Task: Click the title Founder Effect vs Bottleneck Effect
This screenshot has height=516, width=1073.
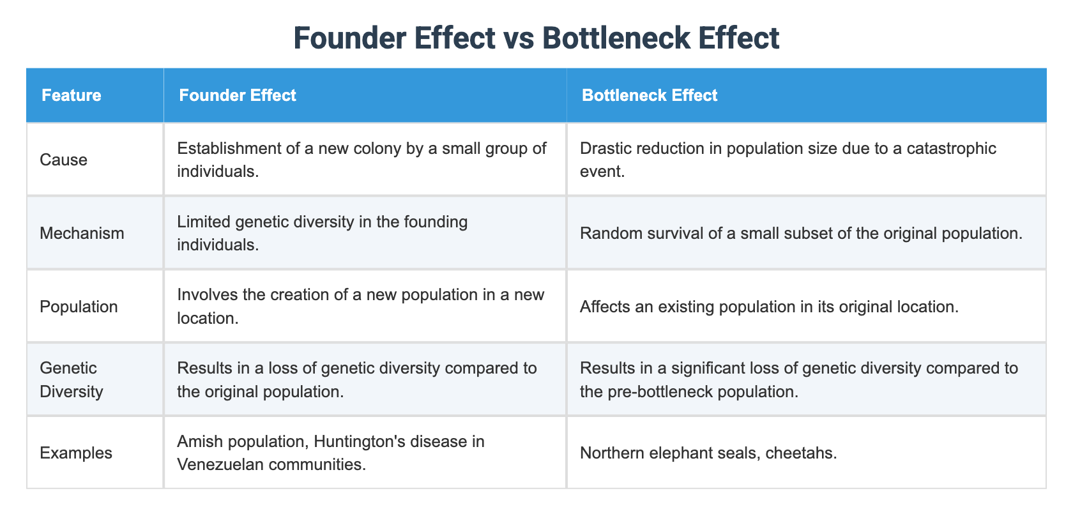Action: tap(536, 38)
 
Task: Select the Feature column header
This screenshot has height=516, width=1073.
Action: tap(71, 95)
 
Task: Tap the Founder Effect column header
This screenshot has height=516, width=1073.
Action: tap(238, 95)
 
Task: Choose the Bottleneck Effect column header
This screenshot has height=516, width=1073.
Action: tap(650, 95)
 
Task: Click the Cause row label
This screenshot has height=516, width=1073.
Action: tap(63, 160)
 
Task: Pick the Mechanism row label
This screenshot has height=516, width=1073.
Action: tap(82, 233)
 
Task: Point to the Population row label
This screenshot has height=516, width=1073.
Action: tap(79, 307)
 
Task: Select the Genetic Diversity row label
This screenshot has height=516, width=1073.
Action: tap(71, 379)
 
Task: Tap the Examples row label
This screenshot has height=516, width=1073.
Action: tap(75, 453)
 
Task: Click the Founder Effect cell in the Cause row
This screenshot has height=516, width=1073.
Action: tap(361, 160)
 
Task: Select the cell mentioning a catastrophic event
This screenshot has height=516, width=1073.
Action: tap(788, 160)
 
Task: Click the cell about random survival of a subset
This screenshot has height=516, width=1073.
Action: tap(801, 233)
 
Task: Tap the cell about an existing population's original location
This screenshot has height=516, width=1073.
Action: tap(769, 307)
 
